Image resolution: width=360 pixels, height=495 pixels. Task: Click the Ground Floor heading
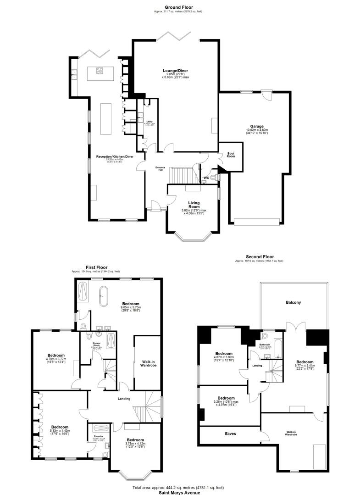pyautogui.click(x=180, y=7)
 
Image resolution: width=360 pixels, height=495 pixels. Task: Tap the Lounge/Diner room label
pyautogui.click(x=175, y=71)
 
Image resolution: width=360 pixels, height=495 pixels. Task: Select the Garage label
pyautogui.click(x=257, y=126)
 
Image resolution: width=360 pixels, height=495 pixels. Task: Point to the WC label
pyautogui.click(x=206, y=177)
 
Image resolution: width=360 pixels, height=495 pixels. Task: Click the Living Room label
pyautogui.click(x=195, y=204)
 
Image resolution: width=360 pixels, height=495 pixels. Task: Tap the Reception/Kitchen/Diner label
pyautogui.click(x=115, y=156)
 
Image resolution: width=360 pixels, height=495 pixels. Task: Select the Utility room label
pyautogui.click(x=150, y=122)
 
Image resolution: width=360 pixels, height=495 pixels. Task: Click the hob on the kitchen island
pyautogui.click(x=99, y=71)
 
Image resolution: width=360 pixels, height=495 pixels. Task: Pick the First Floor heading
pyautogui.click(x=97, y=267)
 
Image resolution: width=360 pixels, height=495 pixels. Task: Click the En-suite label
pyautogui.click(x=98, y=436)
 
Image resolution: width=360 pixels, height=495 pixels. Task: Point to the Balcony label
pyautogui.click(x=294, y=303)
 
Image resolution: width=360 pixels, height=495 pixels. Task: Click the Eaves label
pyautogui.click(x=230, y=433)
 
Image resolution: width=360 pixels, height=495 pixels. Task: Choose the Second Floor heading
pyautogui.click(x=259, y=257)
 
